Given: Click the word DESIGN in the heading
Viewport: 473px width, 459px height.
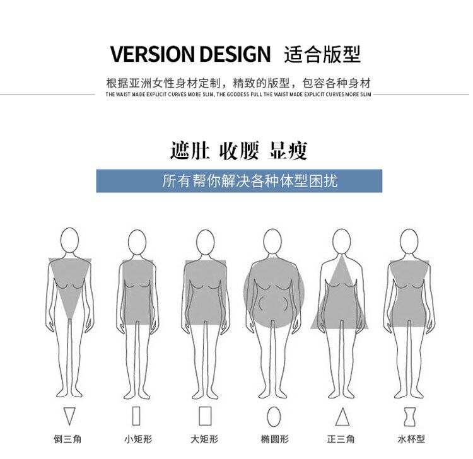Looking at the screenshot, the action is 237,54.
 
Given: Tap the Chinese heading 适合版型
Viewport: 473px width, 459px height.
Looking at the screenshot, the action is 322,54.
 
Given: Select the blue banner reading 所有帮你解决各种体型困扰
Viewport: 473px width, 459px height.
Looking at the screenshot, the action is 240,181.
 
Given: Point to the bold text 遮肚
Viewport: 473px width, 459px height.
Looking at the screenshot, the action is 189,151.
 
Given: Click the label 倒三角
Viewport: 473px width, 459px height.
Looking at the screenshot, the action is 67,439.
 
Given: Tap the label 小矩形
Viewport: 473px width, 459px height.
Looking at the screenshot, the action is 137,439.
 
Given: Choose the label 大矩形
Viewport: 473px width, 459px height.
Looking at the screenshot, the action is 204,439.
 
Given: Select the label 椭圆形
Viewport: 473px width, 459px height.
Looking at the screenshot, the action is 274,439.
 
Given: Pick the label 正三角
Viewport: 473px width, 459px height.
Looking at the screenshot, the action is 341,439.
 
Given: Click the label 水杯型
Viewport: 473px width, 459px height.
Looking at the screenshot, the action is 411,439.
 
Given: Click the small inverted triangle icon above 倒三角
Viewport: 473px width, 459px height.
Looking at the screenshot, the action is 69,417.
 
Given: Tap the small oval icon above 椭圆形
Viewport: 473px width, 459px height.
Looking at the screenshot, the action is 274,417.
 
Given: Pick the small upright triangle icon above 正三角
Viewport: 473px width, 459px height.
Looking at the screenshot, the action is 342,417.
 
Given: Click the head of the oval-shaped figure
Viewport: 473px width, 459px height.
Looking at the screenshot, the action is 272,242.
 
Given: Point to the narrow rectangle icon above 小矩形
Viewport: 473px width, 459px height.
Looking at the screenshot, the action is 136,417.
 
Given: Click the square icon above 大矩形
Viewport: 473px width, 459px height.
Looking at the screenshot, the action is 204,417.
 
